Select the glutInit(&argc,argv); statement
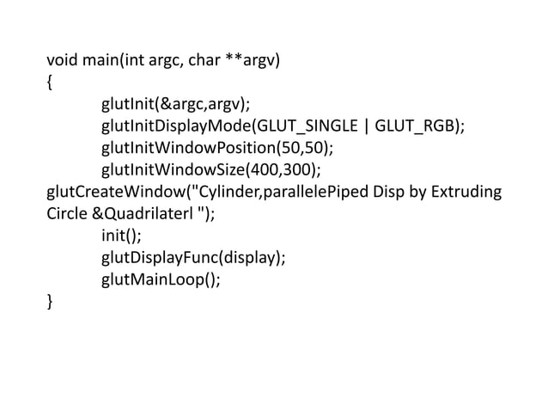(x=175, y=105)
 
